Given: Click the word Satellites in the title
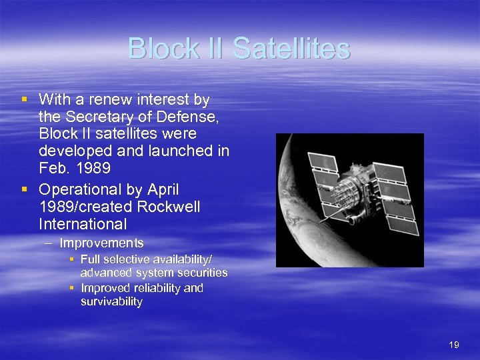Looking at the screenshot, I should (292, 49).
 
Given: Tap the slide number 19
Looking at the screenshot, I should (454, 345).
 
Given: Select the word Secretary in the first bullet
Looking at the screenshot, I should (93, 117).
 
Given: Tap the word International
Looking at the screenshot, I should (83, 225).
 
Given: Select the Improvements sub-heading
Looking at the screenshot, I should (101, 243).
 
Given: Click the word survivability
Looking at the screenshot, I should (111, 301).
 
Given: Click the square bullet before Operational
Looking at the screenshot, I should (24, 189).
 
